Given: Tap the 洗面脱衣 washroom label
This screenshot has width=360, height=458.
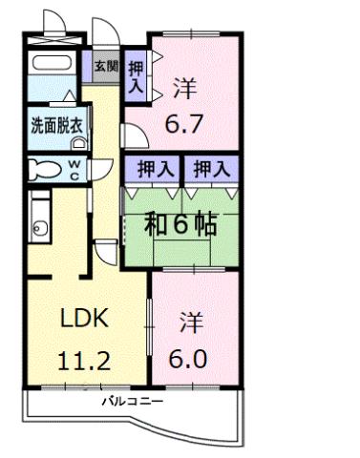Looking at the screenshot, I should pos(54,123).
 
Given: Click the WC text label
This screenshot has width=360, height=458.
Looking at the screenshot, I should pos(74,169).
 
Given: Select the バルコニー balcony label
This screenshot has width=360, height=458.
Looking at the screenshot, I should pos(133,402).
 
